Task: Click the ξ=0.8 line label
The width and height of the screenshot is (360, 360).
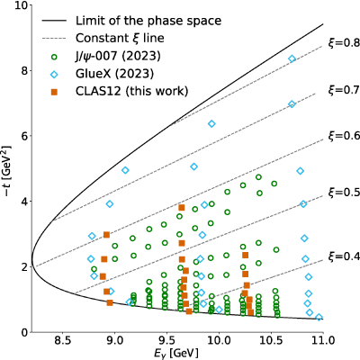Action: [x=344, y=43]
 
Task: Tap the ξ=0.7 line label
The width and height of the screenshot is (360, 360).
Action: [x=344, y=90]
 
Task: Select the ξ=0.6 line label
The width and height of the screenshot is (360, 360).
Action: [x=344, y=136]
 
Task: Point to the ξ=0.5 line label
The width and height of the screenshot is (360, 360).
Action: [x=344, y=192]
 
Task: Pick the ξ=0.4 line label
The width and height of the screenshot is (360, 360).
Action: [x=344, y=256]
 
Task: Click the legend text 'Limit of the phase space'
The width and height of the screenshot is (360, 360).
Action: [x=148, y=21]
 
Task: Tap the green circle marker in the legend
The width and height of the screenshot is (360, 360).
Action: [x=54, y=57]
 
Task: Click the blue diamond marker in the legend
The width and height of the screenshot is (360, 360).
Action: [x=54, y=74]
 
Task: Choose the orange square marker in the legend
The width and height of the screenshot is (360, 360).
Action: [x=54, y=92]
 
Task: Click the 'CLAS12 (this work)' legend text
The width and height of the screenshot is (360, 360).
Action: [x=132, y=91]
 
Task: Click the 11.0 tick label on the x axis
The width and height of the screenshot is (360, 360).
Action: [x=323, y=340]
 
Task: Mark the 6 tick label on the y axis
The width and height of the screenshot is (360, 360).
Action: [x=24, y=136]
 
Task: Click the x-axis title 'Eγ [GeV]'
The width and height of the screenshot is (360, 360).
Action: [x=176, y=353]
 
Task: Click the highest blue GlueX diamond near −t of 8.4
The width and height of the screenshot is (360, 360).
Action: [x=292, y=58]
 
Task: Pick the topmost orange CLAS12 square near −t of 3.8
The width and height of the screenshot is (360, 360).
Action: [x=182, y=208]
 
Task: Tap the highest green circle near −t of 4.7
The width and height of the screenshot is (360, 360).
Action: [x=258, y=177]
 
